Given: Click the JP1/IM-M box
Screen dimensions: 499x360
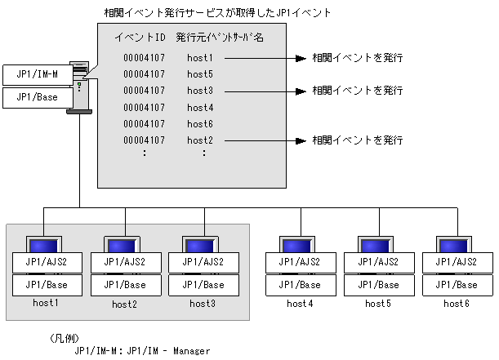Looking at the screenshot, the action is (38, 75).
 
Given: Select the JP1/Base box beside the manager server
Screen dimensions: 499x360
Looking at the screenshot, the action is (38, 98).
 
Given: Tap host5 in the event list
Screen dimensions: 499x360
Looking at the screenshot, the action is (200, 74).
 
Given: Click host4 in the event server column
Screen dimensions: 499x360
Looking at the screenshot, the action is (200, 108).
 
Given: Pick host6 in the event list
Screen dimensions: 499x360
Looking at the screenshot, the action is (200, 124).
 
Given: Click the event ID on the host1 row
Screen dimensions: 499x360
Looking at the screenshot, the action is (145, 58).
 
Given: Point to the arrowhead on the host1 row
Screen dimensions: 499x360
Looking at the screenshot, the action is (301, 58).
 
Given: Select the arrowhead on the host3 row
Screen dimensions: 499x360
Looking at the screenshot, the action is (301, 91).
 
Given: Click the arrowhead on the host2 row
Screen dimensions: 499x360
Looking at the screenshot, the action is (301, 140).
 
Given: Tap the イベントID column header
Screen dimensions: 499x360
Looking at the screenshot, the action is (140, 38).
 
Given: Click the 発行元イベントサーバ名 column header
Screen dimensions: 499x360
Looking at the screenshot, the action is (220, 38).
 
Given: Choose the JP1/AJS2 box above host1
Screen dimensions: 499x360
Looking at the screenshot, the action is (47, 262).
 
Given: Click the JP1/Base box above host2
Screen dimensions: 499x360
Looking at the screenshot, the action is (126, 285).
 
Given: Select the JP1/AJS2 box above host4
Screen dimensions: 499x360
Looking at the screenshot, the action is (301, 262).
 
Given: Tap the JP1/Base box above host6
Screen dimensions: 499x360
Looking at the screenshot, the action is (457, 285).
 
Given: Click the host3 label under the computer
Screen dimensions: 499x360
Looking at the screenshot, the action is (203, 304).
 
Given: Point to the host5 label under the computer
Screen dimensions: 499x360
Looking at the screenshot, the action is (378, 304).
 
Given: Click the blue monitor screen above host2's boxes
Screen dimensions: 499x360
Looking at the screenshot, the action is (122, 247).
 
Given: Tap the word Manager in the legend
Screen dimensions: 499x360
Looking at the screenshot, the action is (192, 351).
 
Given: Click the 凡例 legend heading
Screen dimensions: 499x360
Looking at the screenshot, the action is (65, 339).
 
